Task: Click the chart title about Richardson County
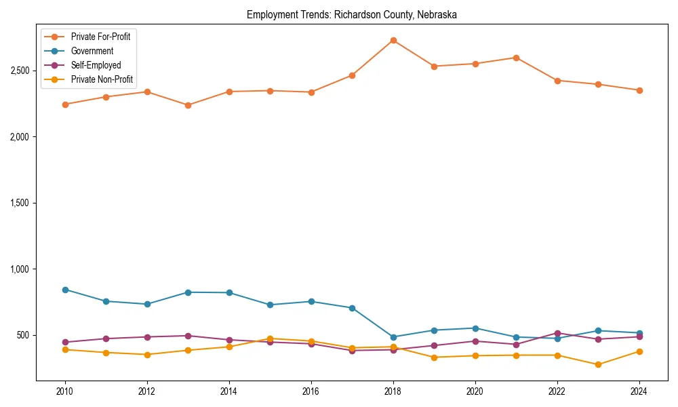(351, 14)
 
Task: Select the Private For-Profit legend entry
(100, 37)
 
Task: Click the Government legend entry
(92, 51)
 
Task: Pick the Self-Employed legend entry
(96, 66)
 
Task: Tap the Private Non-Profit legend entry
(102, 80)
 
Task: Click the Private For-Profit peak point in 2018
(393, 40)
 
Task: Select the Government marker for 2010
(65, 290)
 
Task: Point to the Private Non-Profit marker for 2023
(598, 364)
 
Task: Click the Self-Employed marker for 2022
(557, 333)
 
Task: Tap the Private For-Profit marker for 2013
(188, 105)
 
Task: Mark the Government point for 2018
(393, 337)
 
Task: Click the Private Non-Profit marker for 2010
(65, 349)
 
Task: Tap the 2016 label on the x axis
(311, 391)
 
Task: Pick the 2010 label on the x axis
(65, 391)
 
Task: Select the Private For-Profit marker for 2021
(516, 58)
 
